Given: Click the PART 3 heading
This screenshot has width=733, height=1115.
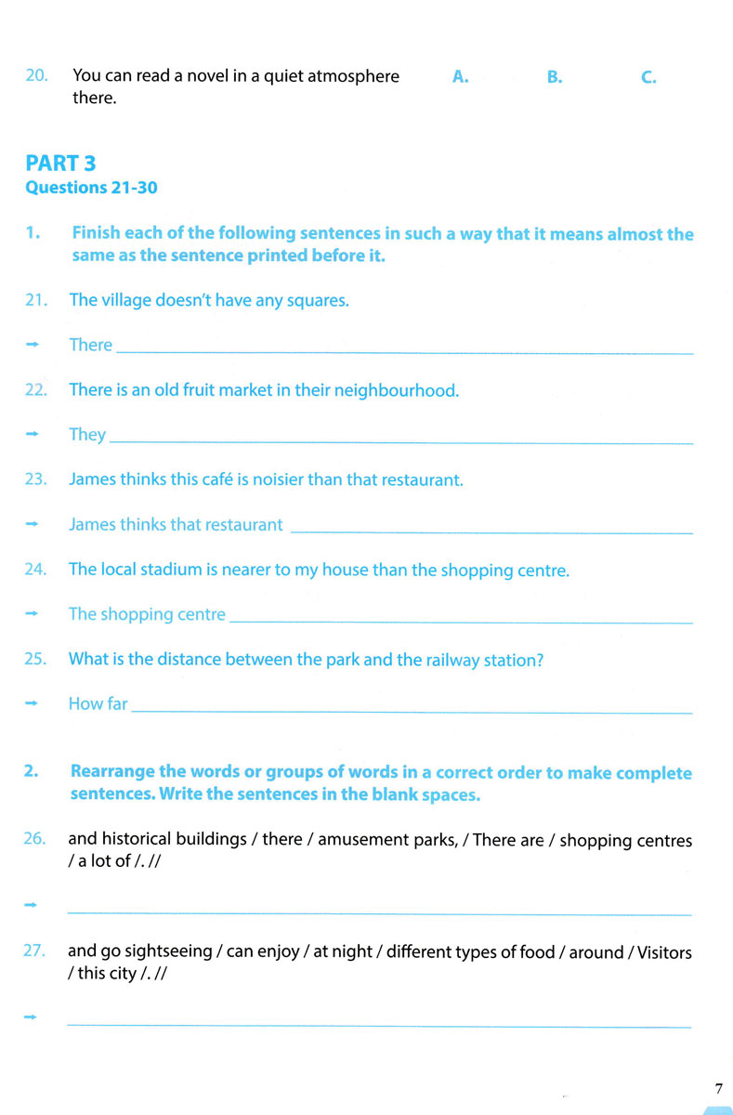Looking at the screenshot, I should (x=60, y=164).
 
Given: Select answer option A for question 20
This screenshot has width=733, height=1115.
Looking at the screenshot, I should (x=460, y=77).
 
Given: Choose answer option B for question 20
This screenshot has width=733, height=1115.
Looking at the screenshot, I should (x=555, y=77).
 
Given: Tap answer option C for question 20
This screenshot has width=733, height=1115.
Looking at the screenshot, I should (x=648, y=77).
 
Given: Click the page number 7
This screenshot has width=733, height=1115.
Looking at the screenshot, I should (x=718, y=1088).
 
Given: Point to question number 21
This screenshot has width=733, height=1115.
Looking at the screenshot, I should (x=36, y=300).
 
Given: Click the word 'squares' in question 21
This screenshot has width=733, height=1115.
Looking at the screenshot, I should (x=318, y=301).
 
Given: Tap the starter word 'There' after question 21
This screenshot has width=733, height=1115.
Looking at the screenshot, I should (x=90, y=345).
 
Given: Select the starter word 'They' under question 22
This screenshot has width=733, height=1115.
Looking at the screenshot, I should (x=87, y=435).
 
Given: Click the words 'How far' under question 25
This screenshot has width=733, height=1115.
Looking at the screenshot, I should (x=98, y=703).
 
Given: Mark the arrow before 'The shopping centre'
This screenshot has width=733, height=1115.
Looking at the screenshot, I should (x=33, y=614).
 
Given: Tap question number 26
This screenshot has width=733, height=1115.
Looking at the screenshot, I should (x=35, y=838).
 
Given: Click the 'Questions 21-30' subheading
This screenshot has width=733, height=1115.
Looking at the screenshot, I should (x=91, y=188).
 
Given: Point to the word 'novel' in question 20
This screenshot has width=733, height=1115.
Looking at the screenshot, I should (x=203, y=76).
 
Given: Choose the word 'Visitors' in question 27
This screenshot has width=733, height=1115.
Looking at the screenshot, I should (x=661, y=952).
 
